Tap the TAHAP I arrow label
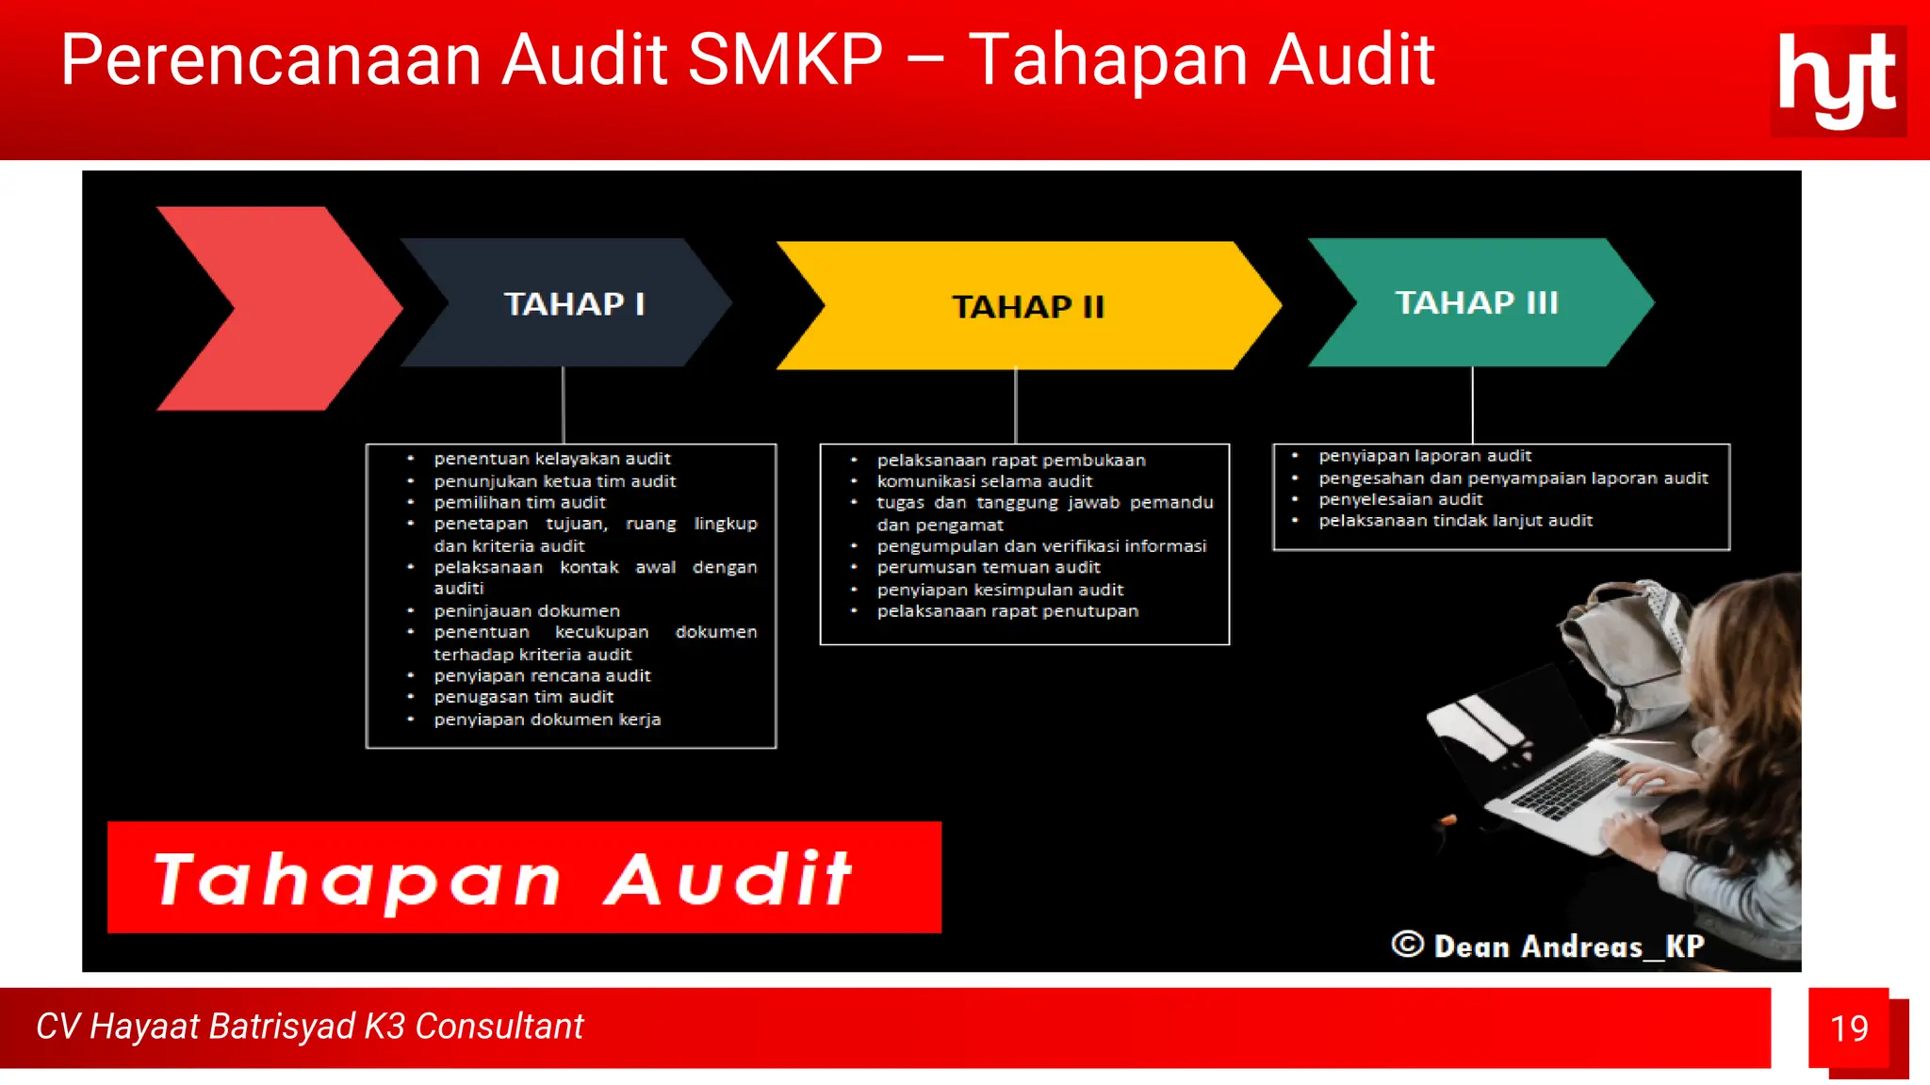[x=574, y=304]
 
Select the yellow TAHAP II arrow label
[x=1028, y=307]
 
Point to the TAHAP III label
[x=1477, y=302]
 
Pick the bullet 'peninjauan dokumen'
[x=527, y=610]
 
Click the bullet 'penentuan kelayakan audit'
[x=552, y=459]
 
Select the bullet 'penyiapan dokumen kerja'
[x=548, y=720]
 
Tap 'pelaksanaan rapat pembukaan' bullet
[x=1011, y=461]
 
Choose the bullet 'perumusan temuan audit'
[x=989, y=567]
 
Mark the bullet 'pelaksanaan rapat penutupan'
[x=1007, y=611]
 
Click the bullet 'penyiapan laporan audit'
[x=1425, y=456]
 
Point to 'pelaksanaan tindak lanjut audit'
[x=1455, y=521]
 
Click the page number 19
[x=1849, y=1028]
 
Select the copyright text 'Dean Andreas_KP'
[x=1568, y=946]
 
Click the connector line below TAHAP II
[x=1016, y=405]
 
